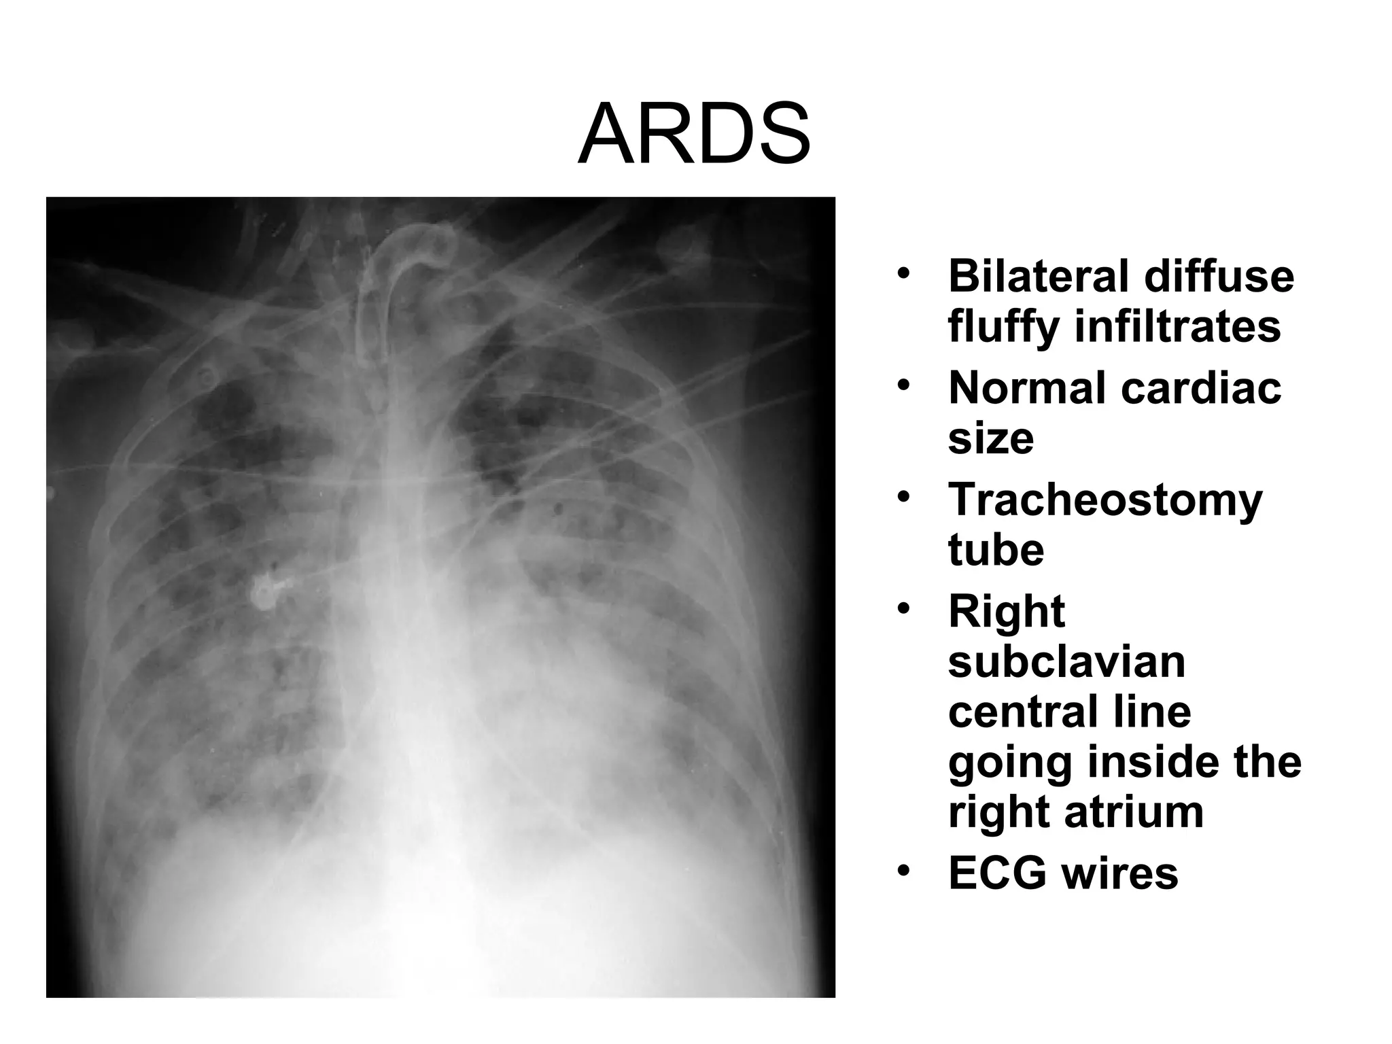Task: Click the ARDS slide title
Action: tap(695, 134)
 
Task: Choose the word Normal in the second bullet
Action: tap(1026, 388)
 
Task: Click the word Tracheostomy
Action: tap(1105, 501)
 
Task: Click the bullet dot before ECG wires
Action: tap(903, 871)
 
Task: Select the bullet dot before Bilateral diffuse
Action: tap(903, 274)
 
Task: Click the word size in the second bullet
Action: tap(991, 438)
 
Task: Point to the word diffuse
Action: tap(1219, 276)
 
